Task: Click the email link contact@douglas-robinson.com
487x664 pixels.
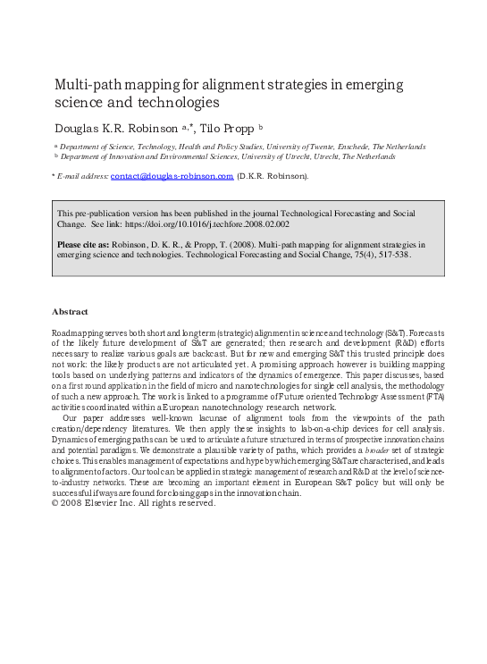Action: [172, 177]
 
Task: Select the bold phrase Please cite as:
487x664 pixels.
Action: [85, 242]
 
